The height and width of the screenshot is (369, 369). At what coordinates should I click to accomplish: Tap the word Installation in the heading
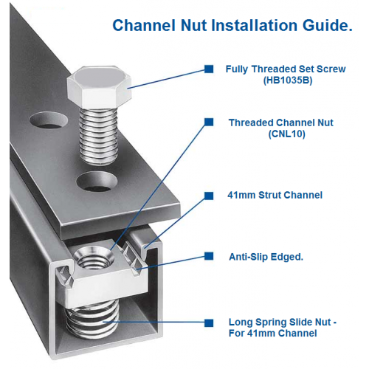pos(255,25)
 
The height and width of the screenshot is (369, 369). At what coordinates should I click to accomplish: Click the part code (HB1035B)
pos(288,80)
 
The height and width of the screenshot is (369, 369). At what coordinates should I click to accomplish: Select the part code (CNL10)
pos(287,134)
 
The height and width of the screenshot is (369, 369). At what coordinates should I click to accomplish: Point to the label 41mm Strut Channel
pos(275,195)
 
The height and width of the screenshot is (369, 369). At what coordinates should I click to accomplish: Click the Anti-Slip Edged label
pos(266,257)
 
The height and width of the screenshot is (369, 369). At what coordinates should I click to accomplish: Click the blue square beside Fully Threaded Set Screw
pos(209,69)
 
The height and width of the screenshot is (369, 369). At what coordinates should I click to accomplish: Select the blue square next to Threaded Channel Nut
pos(209,122)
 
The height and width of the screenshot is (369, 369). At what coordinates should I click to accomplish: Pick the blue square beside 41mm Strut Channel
pos(209,196)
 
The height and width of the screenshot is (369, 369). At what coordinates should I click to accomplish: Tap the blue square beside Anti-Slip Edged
pos(209,256)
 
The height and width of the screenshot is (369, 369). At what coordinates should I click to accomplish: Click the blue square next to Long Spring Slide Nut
pos(209,323)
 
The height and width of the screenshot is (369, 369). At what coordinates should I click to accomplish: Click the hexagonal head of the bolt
pos(99,86)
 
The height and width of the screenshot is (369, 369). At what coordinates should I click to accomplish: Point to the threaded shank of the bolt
pos(98,136)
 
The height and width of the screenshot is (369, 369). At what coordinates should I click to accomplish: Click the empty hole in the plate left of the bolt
pos(49,120)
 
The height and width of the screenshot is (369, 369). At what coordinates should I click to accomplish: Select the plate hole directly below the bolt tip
pos(97,182)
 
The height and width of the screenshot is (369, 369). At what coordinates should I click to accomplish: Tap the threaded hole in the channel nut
pos(94,258)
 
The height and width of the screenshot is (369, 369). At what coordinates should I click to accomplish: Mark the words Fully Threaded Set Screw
pos(286,69)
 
